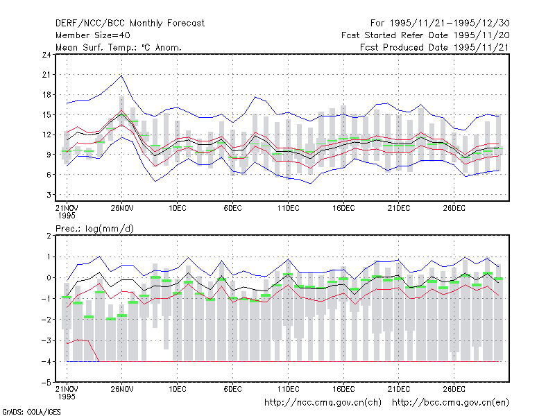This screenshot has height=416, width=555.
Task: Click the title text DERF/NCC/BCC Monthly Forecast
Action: (x=130, y=24)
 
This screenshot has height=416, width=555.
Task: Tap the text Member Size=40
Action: (x=93, y=35)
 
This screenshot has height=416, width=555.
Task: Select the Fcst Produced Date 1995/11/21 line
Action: (x=435, y=47)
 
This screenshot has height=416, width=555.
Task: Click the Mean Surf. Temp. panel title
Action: (x=119, y=47)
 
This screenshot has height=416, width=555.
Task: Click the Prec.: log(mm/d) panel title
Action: (x=94, y=229)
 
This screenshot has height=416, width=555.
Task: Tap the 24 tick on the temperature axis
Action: (x=46, y=55)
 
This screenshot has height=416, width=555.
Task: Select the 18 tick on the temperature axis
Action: (x=46, y=95)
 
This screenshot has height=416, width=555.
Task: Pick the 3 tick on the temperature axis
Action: (x=49, y=195)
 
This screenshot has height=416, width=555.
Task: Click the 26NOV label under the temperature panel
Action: (x=122, y=208)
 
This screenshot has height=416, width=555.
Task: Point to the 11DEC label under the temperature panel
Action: (x=288, y=208)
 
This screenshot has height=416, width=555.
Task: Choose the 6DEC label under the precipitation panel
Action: (x=232, y=389)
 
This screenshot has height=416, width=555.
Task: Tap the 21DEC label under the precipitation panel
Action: (x=398, y=389)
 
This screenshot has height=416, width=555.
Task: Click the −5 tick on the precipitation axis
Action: (x=46, y=383)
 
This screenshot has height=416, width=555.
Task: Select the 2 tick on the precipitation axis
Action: (x=49, y=236)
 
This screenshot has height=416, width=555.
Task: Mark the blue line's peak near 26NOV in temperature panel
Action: (x=122, y=76)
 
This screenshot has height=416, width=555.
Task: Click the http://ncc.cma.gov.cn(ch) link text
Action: (x=323, y=403)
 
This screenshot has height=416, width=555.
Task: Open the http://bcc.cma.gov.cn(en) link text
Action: (x=450, y=403)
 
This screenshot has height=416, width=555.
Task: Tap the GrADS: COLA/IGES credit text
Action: (x=31, y=412)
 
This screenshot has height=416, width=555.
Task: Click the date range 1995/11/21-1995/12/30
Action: (x=450, y=24)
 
